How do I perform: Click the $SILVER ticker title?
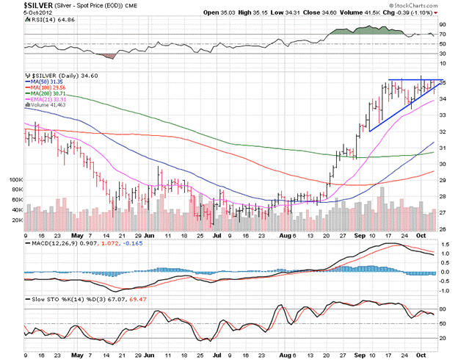[x=25, y=5]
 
